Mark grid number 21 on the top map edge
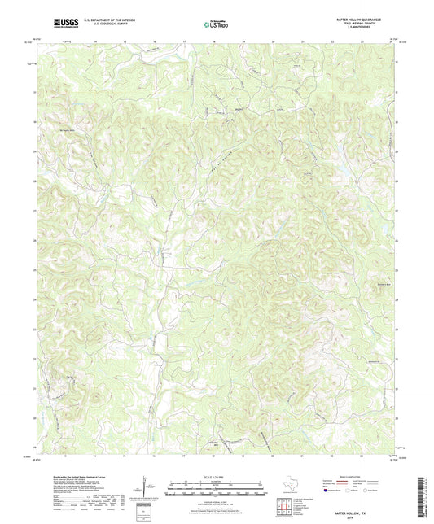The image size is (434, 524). point(302,39)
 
